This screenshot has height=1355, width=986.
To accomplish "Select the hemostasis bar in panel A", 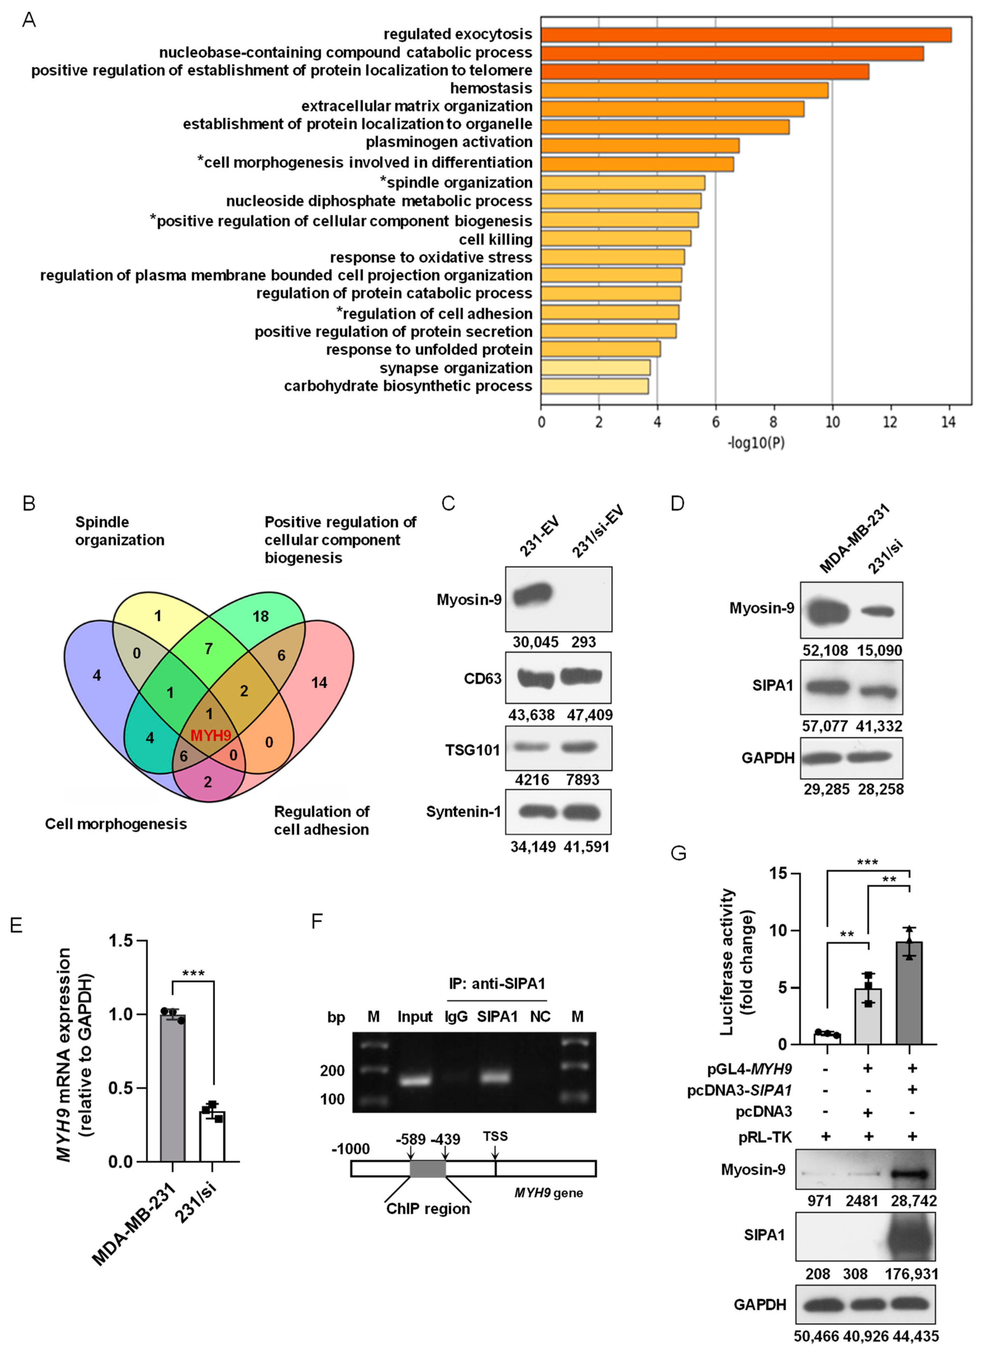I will [x=684, y=90].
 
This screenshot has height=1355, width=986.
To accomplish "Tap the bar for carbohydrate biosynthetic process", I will [x=595, y=386].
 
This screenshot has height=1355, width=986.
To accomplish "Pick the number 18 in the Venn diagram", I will [x=260, y=616].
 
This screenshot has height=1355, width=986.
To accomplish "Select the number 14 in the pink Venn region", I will [x=319, y=682].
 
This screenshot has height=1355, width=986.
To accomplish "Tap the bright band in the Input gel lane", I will [x=415, y=1081].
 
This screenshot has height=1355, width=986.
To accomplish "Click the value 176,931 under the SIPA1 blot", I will [x=911, y=1274].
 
